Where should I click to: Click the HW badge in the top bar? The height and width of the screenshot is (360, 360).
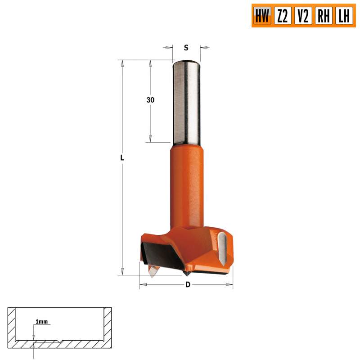pos(262,16)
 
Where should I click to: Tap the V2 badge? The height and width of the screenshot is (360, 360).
pos(303,16)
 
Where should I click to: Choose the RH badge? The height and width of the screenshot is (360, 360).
pos(324,16)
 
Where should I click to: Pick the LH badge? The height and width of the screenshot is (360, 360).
pos(344,16)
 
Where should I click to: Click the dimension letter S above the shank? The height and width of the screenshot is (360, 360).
pos(187,47)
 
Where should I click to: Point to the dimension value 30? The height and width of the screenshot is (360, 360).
pos(150,100)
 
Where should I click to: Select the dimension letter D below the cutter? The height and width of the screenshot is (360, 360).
pos(188,284)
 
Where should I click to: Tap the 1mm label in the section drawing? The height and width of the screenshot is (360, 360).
pos(41,322)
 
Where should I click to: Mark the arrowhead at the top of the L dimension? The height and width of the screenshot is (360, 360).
pos(121,63)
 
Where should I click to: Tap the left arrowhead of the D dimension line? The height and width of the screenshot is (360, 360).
pos(143,284)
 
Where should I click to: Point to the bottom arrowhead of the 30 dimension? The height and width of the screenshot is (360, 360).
pos(150,139)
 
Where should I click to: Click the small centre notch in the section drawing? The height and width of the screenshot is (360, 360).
pos(60,341)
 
